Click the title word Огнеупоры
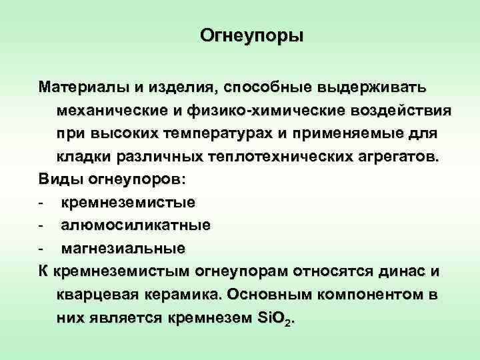[251, 35]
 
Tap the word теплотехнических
[284, 157]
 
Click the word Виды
[59, 180]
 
